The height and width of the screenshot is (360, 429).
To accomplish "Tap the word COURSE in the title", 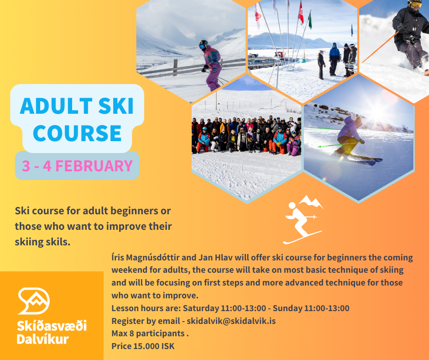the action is [77, 133].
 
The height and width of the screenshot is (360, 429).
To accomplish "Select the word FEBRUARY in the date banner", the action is [94, 166].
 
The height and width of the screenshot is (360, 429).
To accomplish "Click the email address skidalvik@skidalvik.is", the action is [231, 321].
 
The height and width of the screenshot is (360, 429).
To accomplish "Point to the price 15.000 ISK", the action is [154, 346].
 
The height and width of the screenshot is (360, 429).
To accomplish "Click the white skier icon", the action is [303, 220].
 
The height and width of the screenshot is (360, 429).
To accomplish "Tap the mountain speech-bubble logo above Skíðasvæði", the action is [34, 301].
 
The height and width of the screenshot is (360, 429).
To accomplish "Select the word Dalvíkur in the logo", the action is [43, 339].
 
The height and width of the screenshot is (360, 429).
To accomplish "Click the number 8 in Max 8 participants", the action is [131, 334].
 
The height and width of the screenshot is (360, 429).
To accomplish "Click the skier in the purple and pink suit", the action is [211, 65].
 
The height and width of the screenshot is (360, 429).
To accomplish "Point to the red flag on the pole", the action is [301, 13].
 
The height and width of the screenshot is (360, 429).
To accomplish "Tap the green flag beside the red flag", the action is [310, 20].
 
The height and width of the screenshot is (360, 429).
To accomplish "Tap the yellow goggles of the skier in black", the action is [416, 4].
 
